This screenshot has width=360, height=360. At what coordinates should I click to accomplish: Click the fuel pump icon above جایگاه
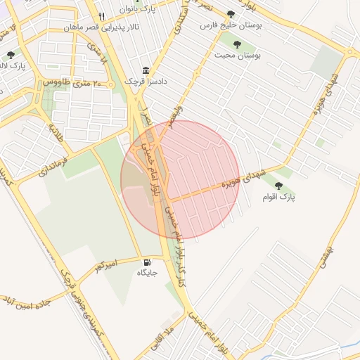pyautogui.click(x=146, y=262)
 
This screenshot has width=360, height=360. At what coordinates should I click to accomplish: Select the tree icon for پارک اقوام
pyautogui.click(x=278, y=186)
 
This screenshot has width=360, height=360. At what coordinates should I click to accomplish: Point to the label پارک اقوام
pyautogui.click(x=279, y=198)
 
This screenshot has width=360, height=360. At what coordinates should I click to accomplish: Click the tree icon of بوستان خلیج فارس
pyautogui.click(x=231, y=14)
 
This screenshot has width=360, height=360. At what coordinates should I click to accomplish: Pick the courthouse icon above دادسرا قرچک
pyautogui.click(x=146, y=70)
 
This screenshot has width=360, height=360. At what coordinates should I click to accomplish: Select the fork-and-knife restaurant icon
pyautogui.click(x=102, y=16)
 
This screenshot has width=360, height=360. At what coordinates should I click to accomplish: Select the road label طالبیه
pyautogui.click(x=56, y=132)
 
